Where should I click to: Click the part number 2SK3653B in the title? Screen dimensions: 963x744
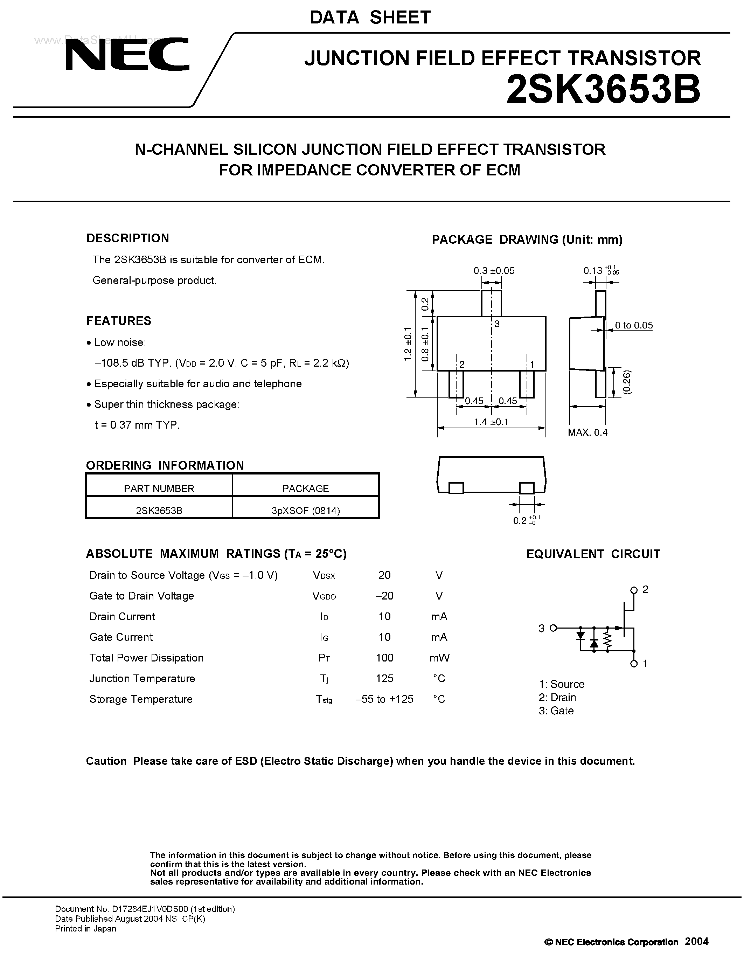click(603, 90)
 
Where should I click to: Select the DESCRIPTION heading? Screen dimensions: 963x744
click(127, 238)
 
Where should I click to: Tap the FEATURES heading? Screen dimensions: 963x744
click(119, 320)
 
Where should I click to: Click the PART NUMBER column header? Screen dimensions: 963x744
click(159, 488)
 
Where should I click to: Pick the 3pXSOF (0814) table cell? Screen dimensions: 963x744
click(305, 511)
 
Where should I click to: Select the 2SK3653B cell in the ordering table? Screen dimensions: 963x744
click(159, 511)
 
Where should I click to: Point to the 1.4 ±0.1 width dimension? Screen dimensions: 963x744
click(491, 422)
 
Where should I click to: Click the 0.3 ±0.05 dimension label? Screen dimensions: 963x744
click(494, 271)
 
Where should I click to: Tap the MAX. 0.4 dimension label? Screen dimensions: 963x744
click(587, 432)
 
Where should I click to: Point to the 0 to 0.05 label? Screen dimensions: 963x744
click(634, 325)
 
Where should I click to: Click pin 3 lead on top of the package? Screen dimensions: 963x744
click(491, 303)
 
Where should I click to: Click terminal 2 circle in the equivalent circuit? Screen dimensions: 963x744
click(634, 590)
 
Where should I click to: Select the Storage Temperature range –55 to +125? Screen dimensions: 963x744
click(384, 699)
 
